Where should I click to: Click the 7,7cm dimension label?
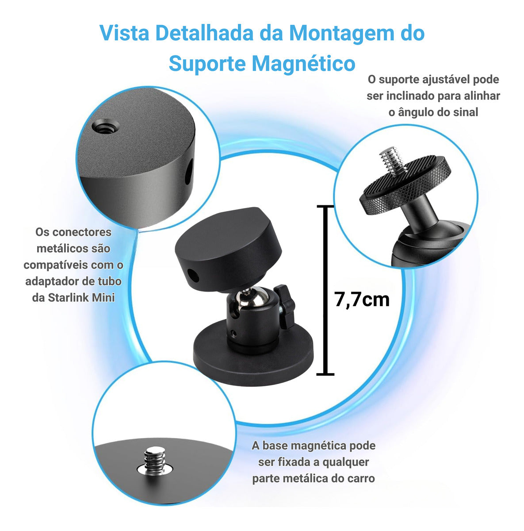[362, 300]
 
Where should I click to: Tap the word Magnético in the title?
[303, 64]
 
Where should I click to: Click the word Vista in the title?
[124, 33]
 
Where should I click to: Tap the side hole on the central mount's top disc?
[194, 276]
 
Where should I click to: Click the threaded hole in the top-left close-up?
[106, 127]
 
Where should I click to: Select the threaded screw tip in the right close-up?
[392, 160]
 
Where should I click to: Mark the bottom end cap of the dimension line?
[325, 374]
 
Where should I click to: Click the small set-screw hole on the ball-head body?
[234, 334]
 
